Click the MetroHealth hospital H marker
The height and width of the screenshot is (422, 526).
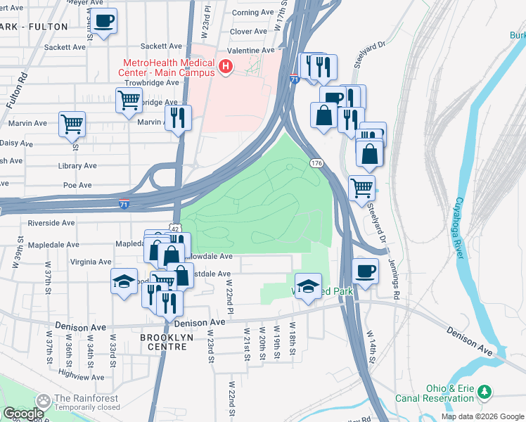(226, 68)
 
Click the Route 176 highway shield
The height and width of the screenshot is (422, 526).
(316, 163)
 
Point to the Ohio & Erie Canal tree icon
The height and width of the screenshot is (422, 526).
(484, 391)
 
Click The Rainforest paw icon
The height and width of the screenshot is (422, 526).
(44, 401)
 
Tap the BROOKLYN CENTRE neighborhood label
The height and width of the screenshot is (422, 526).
(166, 338)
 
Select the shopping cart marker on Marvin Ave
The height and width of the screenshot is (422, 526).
(72, 124)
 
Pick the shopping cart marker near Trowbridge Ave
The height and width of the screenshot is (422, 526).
(129, 101)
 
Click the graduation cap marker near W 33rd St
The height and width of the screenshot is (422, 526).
(124, 281)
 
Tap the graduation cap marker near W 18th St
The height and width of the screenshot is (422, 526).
(307, 286)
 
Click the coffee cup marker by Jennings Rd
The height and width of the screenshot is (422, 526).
(365, 271)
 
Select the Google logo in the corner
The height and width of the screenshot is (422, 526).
(23, 414)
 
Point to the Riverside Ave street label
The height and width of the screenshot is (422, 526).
(51, 223)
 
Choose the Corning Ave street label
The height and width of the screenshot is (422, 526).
(252, 13)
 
